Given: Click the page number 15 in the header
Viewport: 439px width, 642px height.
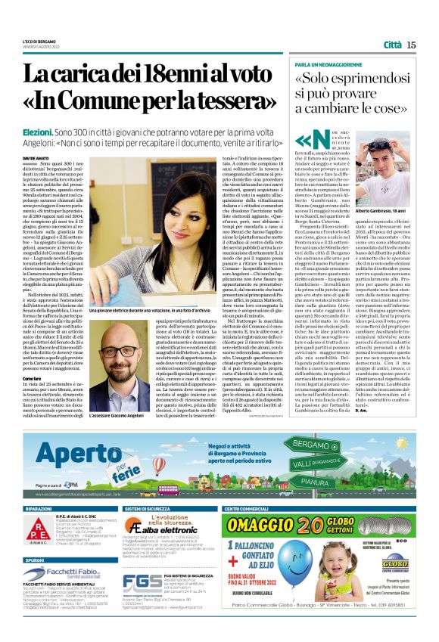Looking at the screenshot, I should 411,45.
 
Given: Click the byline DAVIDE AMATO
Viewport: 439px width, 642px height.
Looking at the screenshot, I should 33,158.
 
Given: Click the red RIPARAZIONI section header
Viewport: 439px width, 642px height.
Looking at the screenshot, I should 38,510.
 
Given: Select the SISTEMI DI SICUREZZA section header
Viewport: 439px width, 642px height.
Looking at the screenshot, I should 149,510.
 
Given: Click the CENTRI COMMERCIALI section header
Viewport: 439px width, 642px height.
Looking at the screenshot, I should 248,510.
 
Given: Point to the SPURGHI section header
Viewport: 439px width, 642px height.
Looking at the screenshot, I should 33,560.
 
